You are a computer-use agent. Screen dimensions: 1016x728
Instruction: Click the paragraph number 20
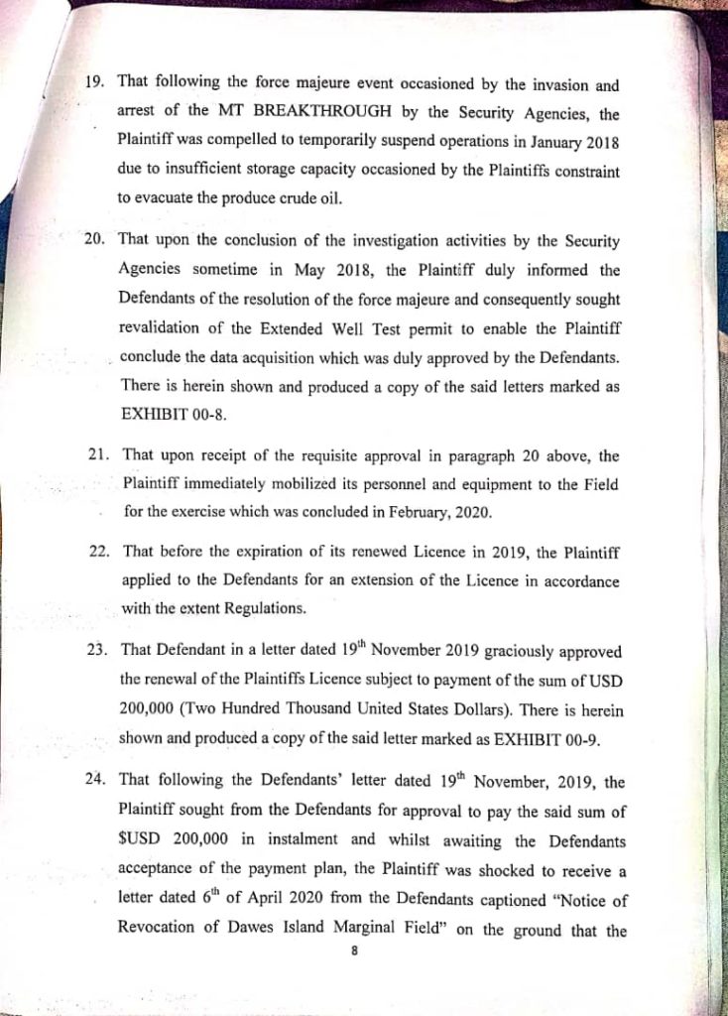(98, 239)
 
